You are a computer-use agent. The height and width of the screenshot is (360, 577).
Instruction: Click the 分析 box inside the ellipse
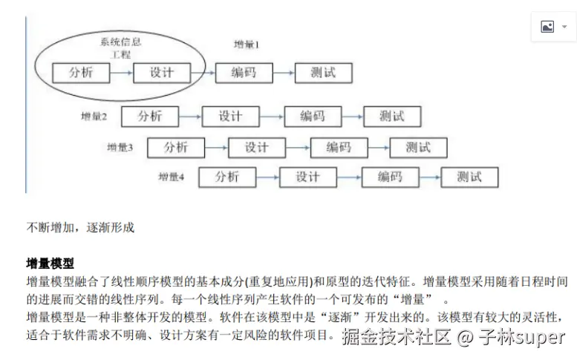(81, 73)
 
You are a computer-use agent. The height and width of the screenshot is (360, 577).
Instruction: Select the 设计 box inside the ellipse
(161, 73)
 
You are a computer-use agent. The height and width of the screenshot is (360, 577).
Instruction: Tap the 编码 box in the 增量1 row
(242, 73)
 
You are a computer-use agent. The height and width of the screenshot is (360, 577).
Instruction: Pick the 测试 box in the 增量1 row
(323, 73)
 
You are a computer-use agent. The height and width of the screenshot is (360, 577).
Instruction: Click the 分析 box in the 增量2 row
(150, 117)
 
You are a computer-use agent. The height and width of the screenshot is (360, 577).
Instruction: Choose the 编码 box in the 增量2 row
(312, 117)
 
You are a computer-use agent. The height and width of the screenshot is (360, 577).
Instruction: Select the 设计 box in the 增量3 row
(256, 147)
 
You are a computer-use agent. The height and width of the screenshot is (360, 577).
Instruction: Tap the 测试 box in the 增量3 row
(418, 147)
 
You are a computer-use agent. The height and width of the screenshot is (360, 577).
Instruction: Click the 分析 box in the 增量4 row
(227, 177)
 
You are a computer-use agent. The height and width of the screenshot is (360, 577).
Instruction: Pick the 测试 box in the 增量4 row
(469, 177)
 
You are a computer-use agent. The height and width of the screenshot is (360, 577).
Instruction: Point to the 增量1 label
(247, 45)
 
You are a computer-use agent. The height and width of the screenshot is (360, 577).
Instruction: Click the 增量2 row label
(94, 117)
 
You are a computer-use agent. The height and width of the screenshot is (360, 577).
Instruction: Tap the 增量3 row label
(120, 147)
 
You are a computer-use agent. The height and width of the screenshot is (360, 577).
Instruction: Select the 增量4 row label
(171, 177)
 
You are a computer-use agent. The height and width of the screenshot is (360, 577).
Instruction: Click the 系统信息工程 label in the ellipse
(120, 48)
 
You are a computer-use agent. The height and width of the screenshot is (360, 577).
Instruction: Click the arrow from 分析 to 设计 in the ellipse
(121, 73)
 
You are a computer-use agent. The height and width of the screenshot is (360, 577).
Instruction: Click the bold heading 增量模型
(50, 264)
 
